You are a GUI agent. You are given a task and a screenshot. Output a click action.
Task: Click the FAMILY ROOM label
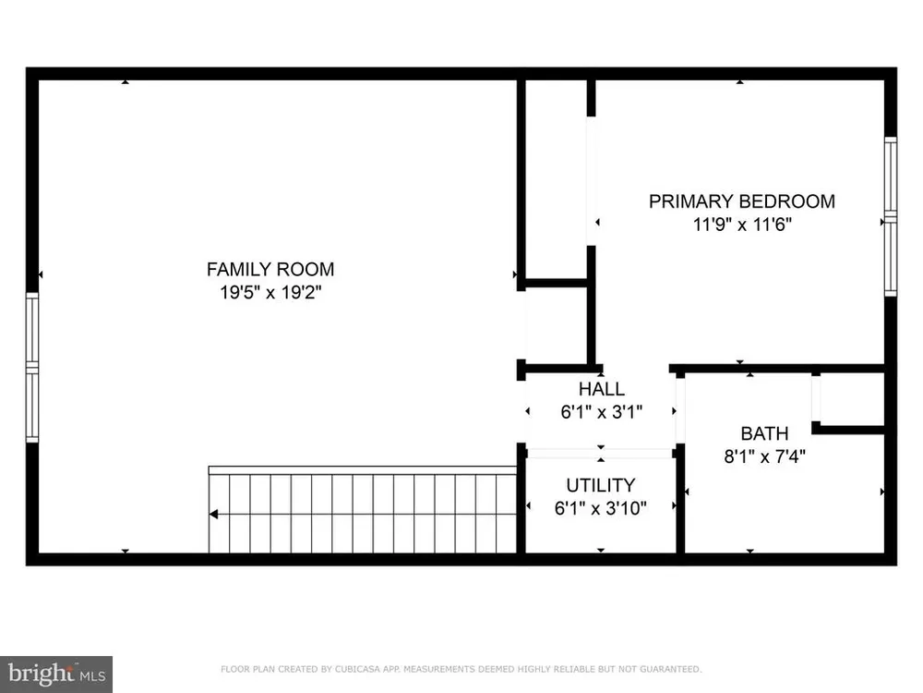(270, 269)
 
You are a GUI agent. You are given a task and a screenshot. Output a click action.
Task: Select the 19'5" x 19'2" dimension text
(270, 292)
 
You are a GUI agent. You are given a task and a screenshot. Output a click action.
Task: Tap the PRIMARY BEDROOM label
(742, 201)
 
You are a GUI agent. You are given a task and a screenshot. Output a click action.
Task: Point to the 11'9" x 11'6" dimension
(742, 225)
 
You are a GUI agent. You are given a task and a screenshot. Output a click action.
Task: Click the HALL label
(602, 389)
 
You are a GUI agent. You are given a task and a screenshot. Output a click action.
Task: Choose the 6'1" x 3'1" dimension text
(601, 412)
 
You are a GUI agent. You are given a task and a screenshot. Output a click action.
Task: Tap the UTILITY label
(601, 485)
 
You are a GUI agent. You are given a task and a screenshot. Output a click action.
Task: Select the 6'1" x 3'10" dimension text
(601, 508)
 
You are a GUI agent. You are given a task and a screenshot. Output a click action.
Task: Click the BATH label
(764, 433)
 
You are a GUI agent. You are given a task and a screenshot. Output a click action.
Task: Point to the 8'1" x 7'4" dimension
(764, 456)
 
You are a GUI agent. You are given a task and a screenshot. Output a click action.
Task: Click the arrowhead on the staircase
(214, 515)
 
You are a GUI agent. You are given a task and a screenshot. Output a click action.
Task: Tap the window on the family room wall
(32, 367)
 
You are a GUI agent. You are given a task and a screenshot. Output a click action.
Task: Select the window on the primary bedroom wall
(891, 216)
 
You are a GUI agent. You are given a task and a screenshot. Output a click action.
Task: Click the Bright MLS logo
(56, 675)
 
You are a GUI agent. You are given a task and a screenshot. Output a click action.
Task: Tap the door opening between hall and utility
(601, 453)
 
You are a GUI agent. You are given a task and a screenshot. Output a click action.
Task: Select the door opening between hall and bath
(680, 410)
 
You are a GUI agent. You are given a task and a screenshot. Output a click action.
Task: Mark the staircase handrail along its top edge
(363, 470)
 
